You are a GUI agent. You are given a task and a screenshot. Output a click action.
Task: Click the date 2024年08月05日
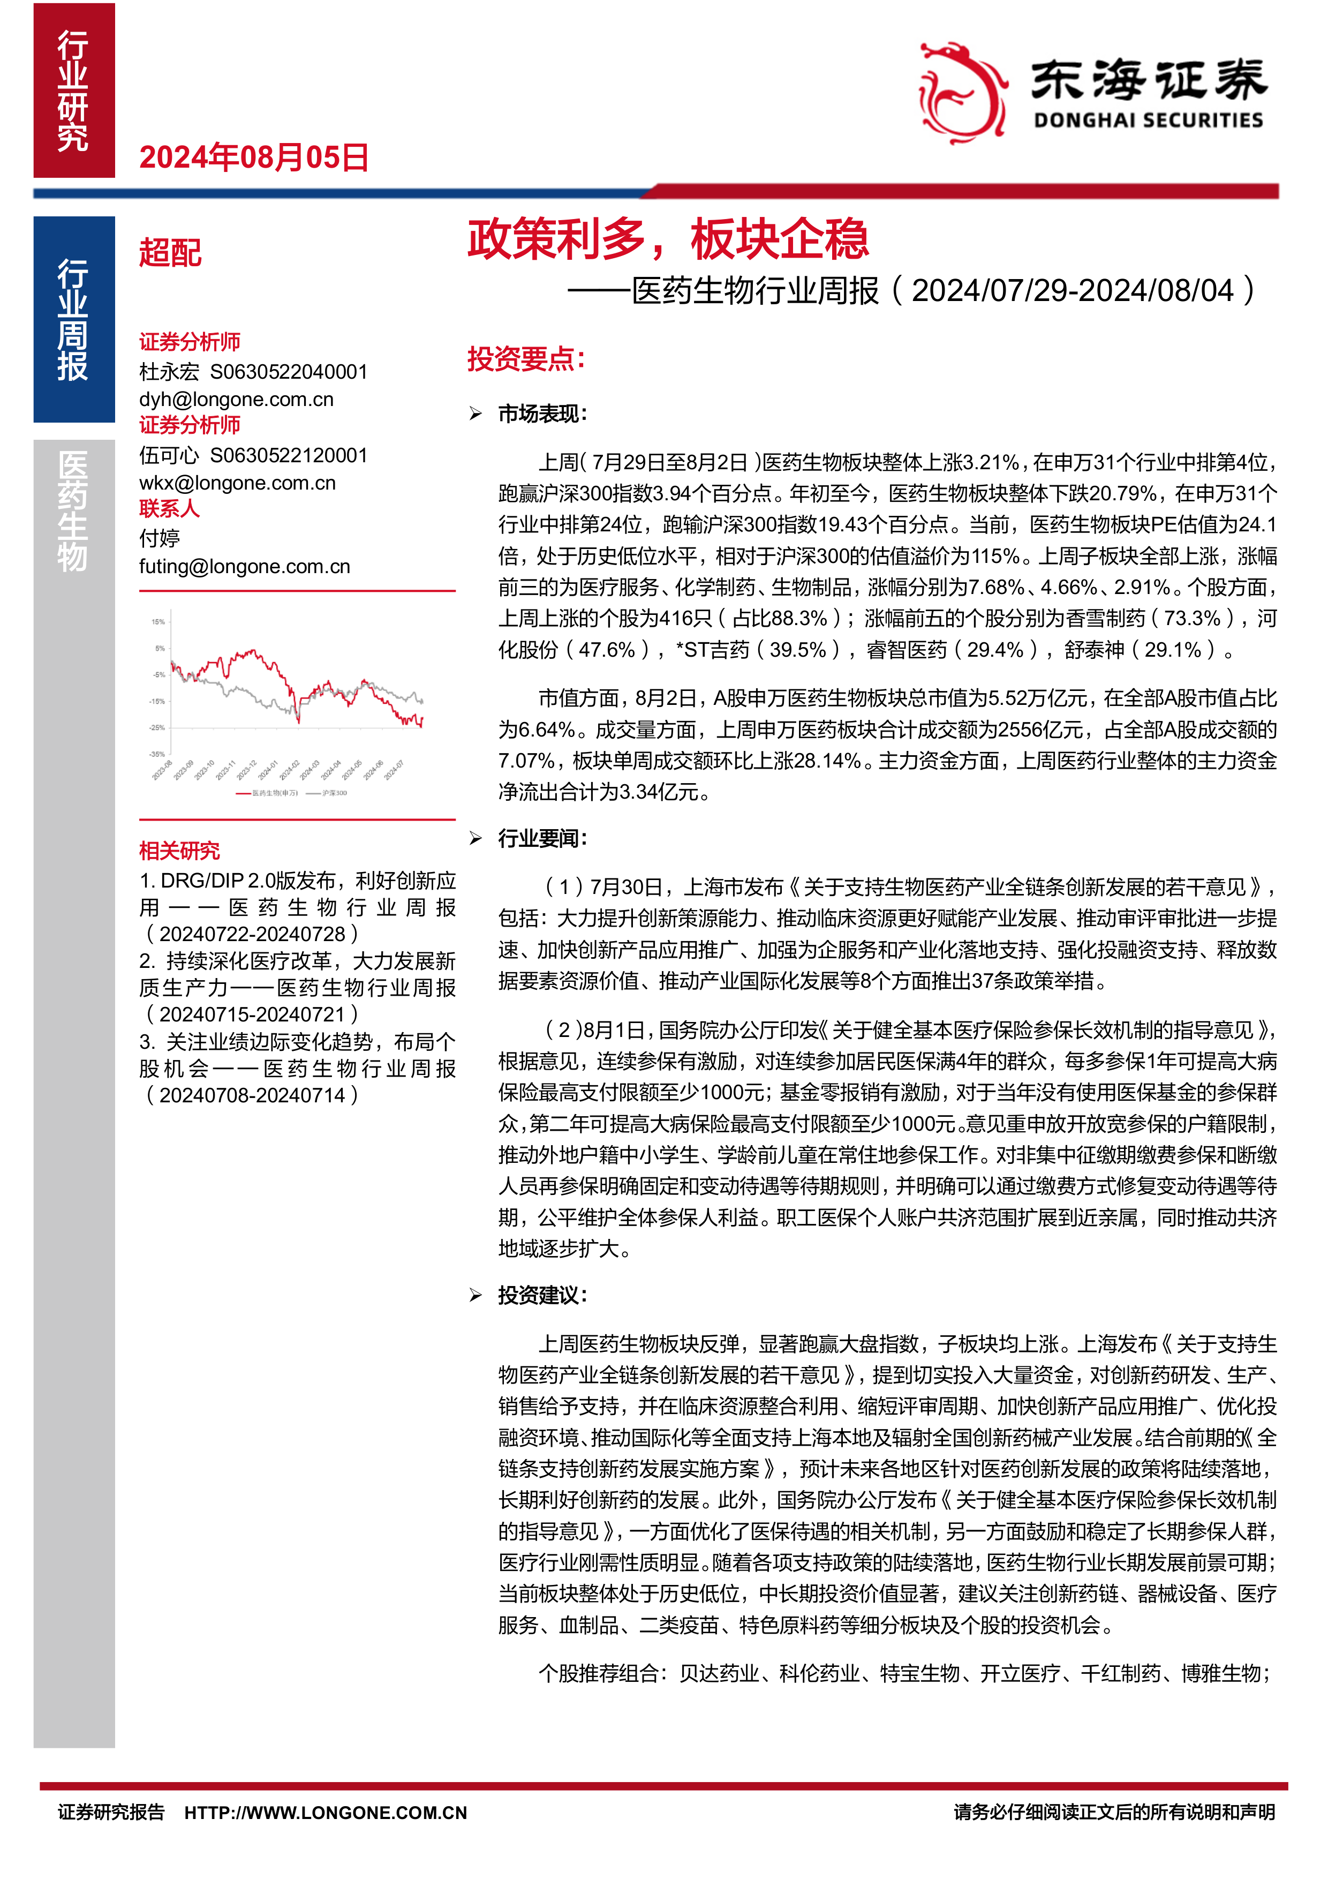(254, 157)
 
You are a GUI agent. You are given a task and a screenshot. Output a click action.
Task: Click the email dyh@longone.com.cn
(237, 400)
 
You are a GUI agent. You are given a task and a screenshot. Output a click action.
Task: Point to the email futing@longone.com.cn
(245, 566)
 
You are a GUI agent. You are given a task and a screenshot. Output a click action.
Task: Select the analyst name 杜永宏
(169, 372)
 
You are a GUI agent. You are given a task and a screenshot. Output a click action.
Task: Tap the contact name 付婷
(160, 538)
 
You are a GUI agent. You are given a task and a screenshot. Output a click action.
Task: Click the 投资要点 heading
(525, 358)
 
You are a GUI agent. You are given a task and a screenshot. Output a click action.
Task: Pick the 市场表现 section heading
(542, 414)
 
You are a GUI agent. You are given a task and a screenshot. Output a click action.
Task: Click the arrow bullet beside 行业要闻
(476, 838)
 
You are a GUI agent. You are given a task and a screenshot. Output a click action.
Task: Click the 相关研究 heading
(179, 851)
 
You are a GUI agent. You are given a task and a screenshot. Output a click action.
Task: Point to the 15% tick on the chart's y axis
(158, 622)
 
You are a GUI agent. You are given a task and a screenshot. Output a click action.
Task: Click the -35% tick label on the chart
(157, 754)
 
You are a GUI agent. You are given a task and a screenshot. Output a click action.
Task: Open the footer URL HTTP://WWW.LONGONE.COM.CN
(326, 1813)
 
